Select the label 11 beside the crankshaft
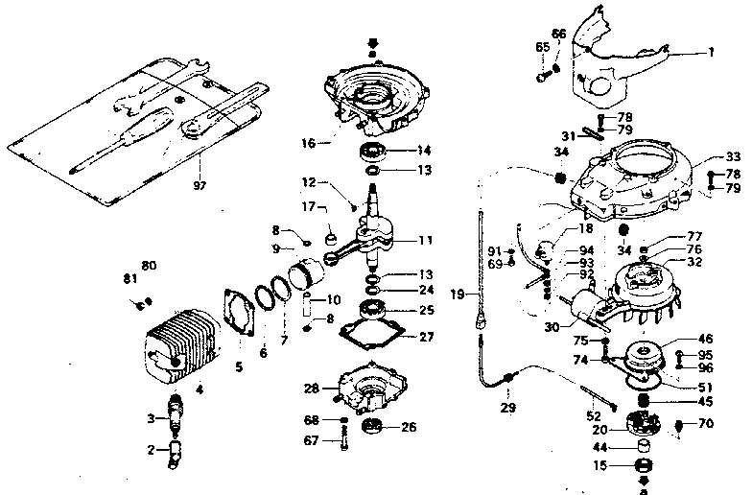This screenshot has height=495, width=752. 425,240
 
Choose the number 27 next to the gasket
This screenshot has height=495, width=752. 427,337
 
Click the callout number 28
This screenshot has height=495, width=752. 312,389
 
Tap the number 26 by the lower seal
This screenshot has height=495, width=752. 409,427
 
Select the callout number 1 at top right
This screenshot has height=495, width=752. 711,52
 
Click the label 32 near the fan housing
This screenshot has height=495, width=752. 693,261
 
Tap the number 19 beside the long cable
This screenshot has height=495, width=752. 458,294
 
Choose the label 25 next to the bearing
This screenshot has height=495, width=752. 426,310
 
